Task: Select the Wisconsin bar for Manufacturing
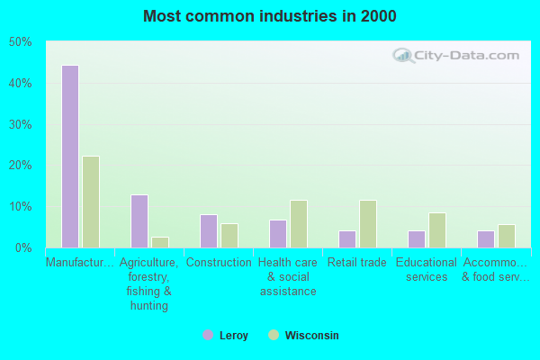tap(91, 202)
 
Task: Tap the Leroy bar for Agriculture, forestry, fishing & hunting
tap(139, 221)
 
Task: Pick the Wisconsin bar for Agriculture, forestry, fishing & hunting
tap(160, 242)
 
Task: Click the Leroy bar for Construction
tap(209, 231)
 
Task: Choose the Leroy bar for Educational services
tap(417, 239)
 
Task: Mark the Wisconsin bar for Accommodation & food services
tap(507, 236)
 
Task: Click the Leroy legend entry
tap(225, 336)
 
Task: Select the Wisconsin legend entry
tap(303, 336)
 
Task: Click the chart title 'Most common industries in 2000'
tap(269, 16)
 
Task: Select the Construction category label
tap(219, 263)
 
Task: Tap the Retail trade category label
tap(357, 263)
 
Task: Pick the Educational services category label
tap(427, 270)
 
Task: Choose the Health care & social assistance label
tap(288, 277)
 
